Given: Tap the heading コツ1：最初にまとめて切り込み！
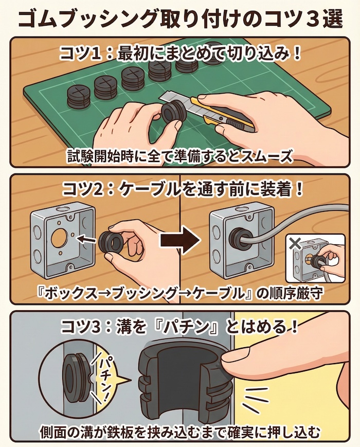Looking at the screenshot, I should point(179,53).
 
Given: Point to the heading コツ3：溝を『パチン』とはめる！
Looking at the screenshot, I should point(179,325).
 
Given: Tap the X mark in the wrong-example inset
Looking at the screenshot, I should point(296,243).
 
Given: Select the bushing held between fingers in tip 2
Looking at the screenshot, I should point(111,242).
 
